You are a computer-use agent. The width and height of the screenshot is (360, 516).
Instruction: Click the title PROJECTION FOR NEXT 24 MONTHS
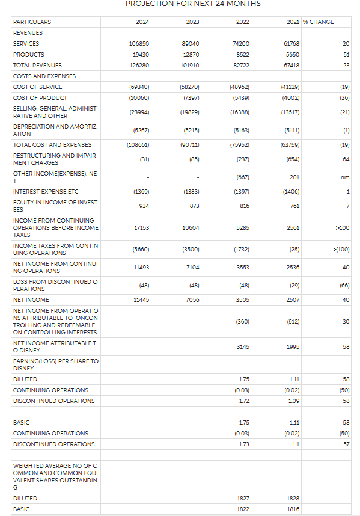(193, 4)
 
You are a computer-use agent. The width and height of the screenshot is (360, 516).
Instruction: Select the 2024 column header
(143, 22)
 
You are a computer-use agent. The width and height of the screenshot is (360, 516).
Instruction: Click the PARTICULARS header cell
(32, 22)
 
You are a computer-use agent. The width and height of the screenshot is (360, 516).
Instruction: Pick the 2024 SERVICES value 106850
(139, 43)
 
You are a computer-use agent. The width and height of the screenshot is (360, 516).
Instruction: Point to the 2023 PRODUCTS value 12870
(190, 54)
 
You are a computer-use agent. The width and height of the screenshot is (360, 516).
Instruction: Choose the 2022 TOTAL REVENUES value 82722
(240, 65)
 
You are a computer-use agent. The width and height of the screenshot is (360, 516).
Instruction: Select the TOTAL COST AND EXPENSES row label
(52, 144)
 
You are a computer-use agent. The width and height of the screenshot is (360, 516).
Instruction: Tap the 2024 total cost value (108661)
(138, 144)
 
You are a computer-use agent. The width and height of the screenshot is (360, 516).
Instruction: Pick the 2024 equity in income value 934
(143, 206)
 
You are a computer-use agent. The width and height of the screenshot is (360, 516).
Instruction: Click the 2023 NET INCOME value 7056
(192, 299)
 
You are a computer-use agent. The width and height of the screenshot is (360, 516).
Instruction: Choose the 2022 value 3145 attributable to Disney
(242, 346)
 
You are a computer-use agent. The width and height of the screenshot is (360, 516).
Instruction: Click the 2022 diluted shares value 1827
(243, 498)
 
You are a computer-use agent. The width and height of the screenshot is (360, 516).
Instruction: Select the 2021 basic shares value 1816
(293, 509)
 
